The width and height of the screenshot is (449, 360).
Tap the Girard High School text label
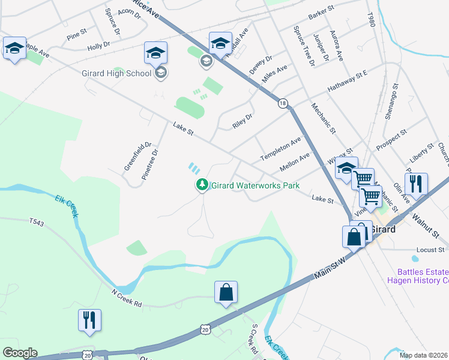(x=116, y=73)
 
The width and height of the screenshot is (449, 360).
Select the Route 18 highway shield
(x=282, y=103)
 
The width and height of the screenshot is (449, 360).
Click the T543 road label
(x=37, y=221)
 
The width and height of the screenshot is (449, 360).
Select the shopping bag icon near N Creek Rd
(x=226, y=293)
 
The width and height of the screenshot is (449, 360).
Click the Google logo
(x=20, y=353)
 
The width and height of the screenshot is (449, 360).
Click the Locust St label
(x=430, y=249)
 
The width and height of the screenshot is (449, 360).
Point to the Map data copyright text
(x=424, y=355)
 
